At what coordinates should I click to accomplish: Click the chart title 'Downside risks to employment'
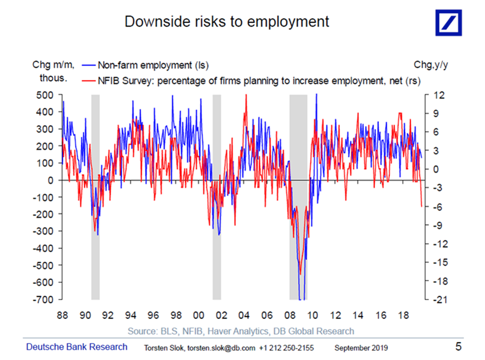pyautogui.click(x=226, y=22)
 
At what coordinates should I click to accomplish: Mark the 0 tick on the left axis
pyautogui.click(x=51, y=180)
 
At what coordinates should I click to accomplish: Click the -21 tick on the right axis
pyautogui.click(x=438, y=299)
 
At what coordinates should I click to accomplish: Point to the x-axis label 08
pyautogui.click(x=290, y=315)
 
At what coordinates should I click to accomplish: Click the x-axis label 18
pyautogui.click(x=403, y=315)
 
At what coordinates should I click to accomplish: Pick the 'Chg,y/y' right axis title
pyautogui.click(x=430, y=65)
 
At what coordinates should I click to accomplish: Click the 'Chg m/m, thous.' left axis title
pyautogui.click(x=53, y=71)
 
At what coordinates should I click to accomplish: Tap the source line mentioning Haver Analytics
pyautogui.click(x=241, y=331)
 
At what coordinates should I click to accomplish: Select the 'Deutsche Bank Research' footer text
pyautogui.click(x=77, y=347)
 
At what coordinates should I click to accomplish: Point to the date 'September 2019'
pyautogui.click(x=362, y=348)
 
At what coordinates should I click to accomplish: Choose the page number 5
pyautogui.click(x=458, y=347)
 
